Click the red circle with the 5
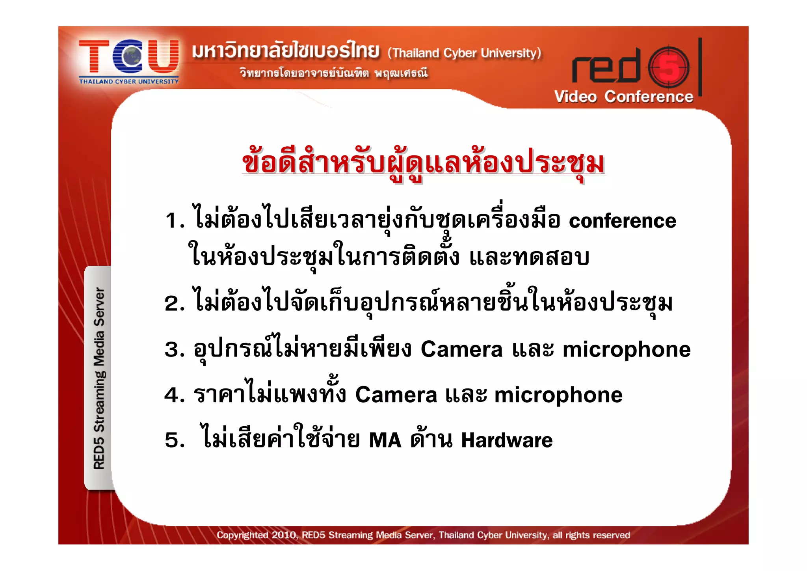coord(669,67)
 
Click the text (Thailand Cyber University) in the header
coord(464,53)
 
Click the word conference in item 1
coord(622,221)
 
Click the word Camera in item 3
coord(461,350)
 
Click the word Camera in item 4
coord(396,395)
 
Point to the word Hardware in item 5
coord(507,440)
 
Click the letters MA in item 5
coord(385,440)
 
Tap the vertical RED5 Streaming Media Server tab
coord(99,378)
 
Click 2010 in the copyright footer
coord(284,535)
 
